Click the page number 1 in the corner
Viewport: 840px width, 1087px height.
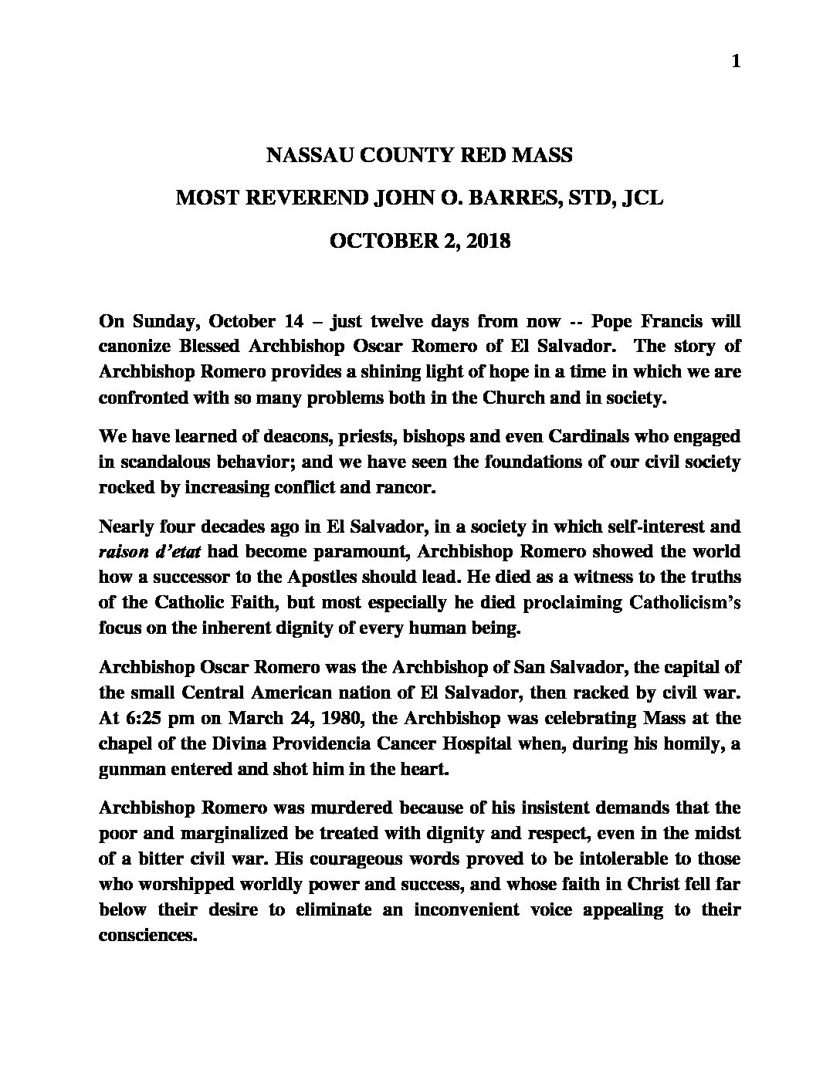[x=736, y=62]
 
